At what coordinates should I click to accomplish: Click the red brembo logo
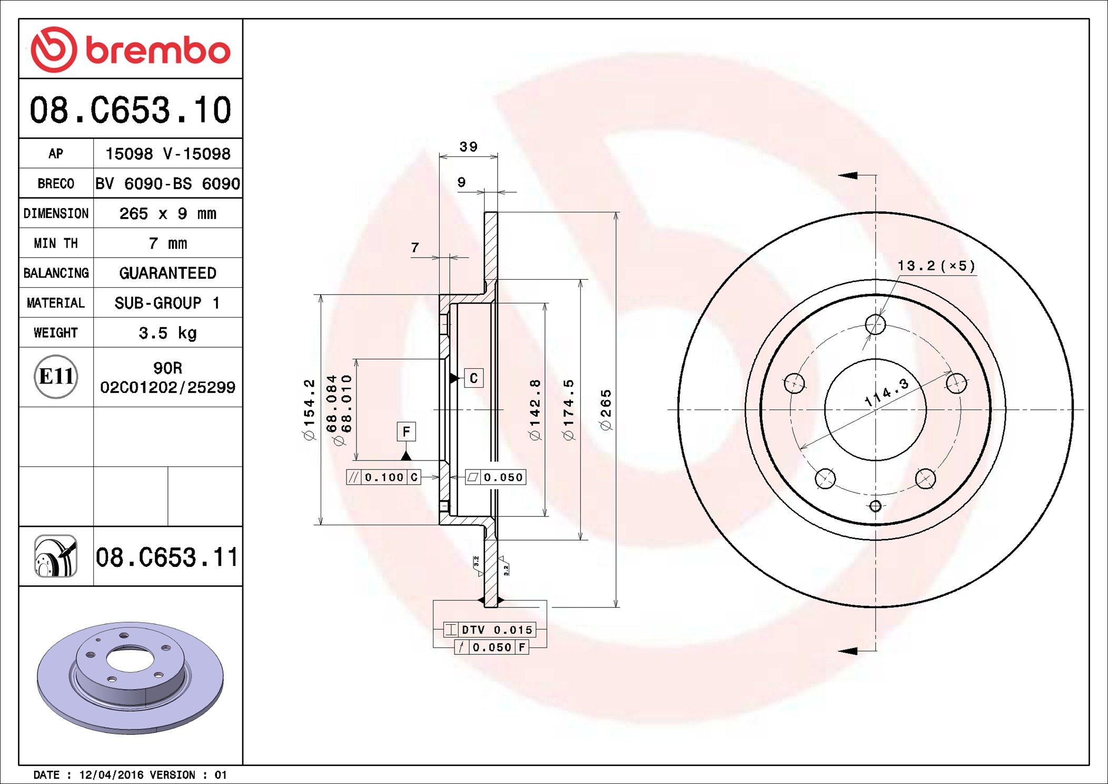[x=130, y=50]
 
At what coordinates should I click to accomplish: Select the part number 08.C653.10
[x=130, y=110]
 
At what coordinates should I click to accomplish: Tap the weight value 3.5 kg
[x=167, y=333]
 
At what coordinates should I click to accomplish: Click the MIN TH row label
[x=56, y=243]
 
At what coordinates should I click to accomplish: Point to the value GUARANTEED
[x=167, y=273]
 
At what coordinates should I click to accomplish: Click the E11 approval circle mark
[x=56, y=376]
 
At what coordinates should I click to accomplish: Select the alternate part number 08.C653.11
[x=167, y=557]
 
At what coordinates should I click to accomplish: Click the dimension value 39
[x=468, y=146]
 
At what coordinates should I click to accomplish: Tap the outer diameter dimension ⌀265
[x=606, y=410]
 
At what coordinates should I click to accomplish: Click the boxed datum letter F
[x=406, y=432]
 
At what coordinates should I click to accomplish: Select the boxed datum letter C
[x=473, y=378]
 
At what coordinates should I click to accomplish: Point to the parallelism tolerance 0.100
[x=384, y=477]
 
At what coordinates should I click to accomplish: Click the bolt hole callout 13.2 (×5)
[x=936, y=266]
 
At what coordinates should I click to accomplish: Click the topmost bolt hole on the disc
[x=875, y=325]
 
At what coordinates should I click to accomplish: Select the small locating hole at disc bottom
[x=875, y=506]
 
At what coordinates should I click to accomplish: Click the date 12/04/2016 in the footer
[x=111, y=775]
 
